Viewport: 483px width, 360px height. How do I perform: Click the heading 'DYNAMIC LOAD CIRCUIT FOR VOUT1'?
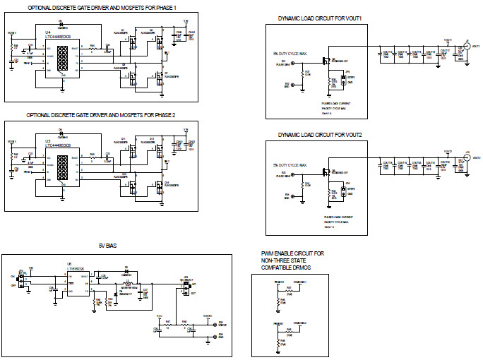(320, 18)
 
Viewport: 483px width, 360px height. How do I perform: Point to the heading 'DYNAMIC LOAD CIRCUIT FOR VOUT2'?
(320, 134)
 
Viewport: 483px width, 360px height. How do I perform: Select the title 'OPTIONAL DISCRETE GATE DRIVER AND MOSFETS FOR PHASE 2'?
(101, 114)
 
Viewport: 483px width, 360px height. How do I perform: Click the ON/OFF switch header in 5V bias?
(21, 282)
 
